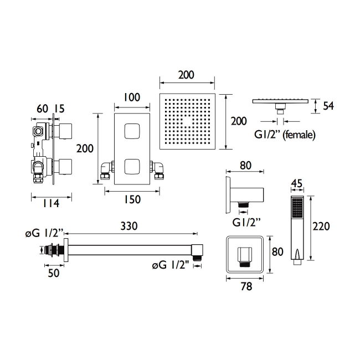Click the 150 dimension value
click(131, 199)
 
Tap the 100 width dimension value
click(131, 97)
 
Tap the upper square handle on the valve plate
click(131, 132)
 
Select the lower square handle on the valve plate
click(131, 166)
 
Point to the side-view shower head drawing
click(281, 101)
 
